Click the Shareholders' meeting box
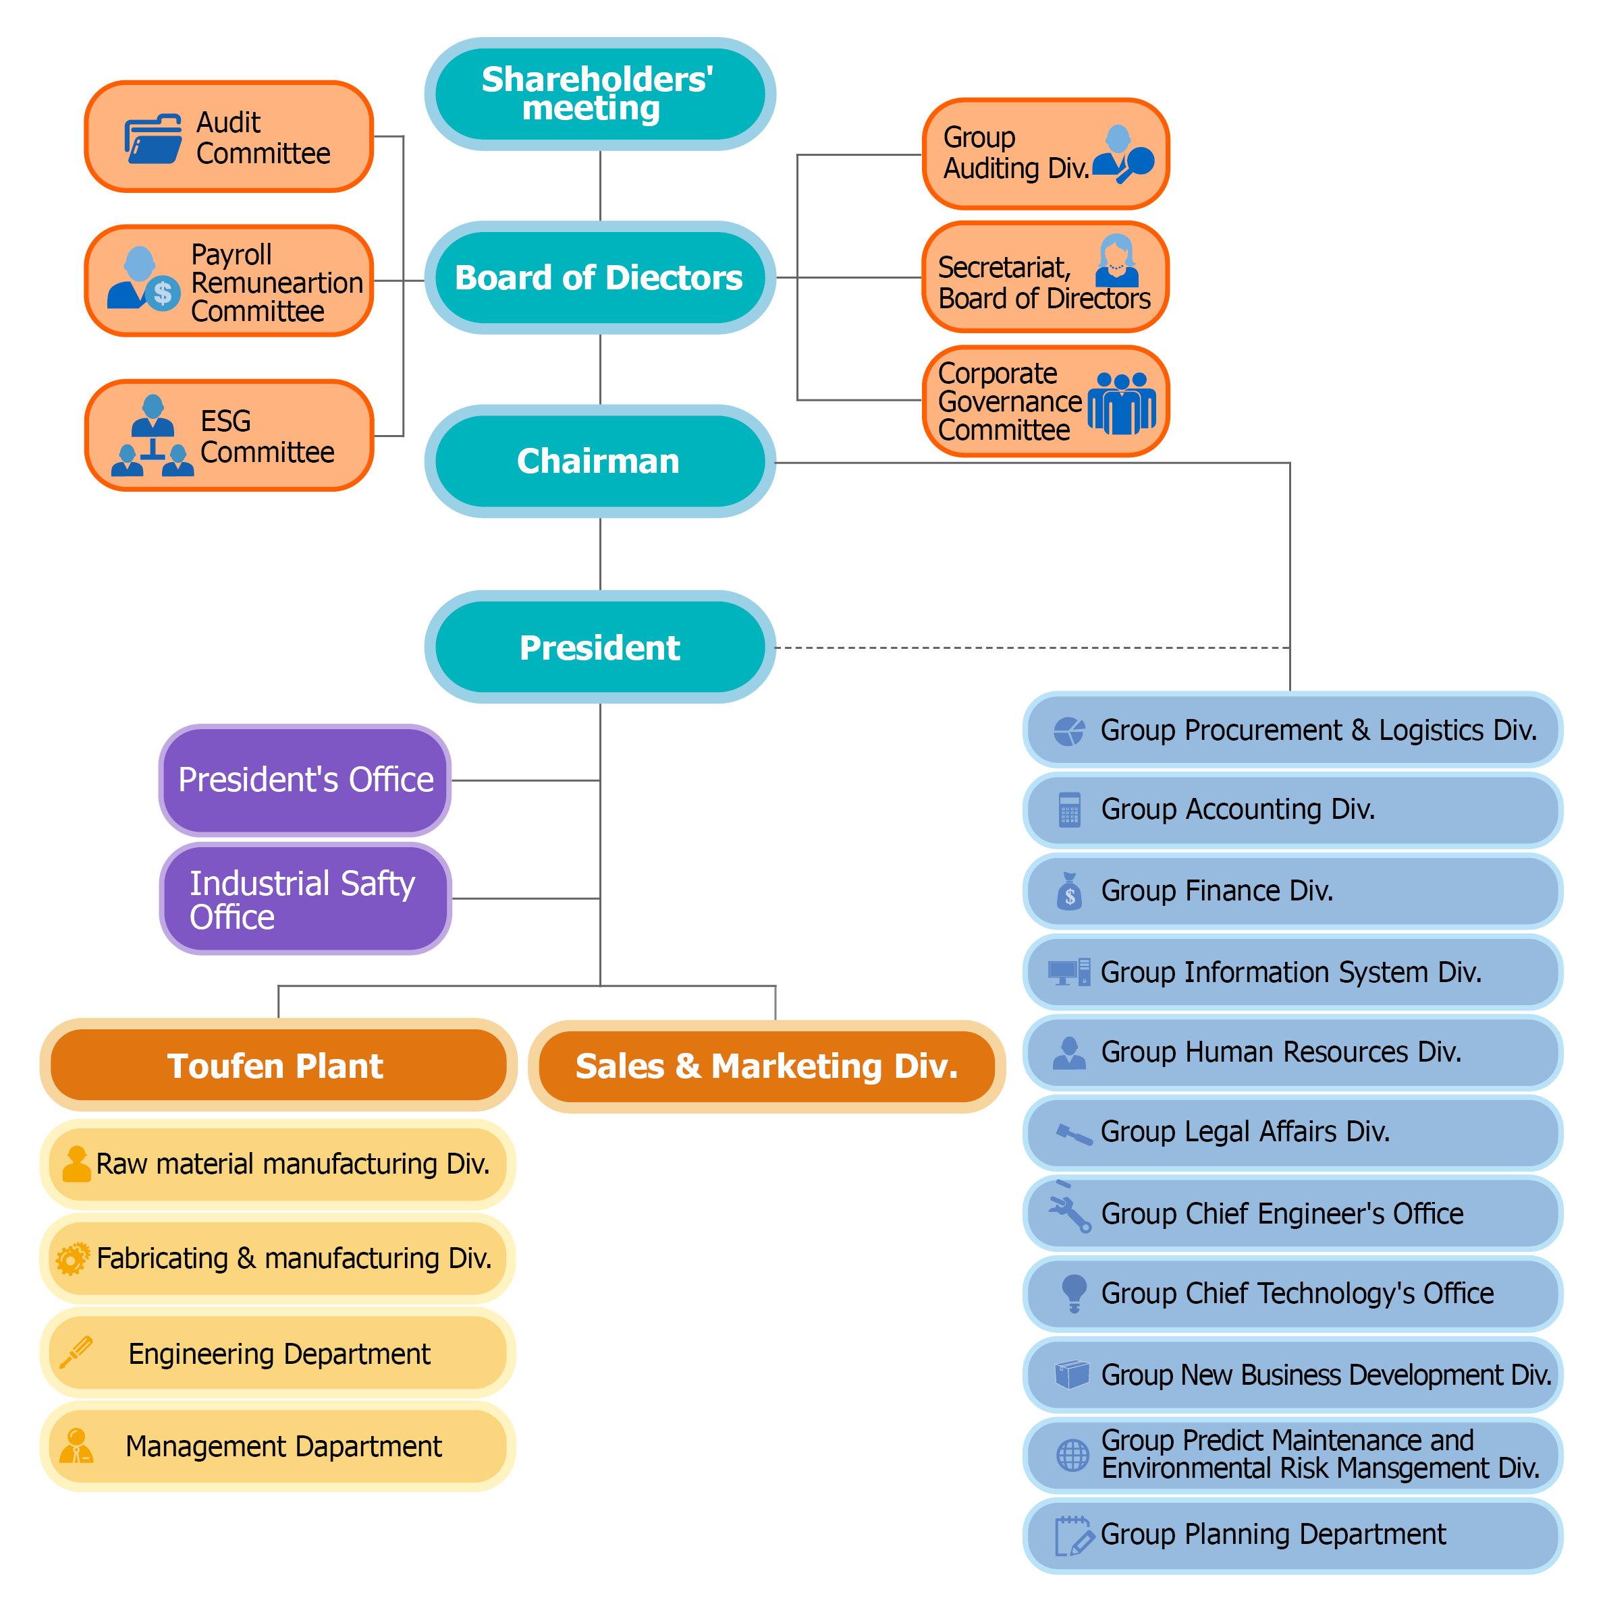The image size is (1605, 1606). coord(599,94)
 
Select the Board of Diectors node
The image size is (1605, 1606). coord(599,278)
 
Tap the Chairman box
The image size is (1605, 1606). coord(599,461)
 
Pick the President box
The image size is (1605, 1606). coord(599,648)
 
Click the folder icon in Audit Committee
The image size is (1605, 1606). coord(153,139)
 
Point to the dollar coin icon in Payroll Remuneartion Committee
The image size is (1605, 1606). coord(163,293)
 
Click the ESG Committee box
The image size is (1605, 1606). coord(229,436)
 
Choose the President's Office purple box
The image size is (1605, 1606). coord(304,780)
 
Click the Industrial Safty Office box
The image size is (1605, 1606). coord(304,898)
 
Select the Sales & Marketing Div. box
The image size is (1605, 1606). coord(766,1066)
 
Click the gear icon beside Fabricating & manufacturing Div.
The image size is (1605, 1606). coord(72,1259)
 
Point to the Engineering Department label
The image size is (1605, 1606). coord(279,1353)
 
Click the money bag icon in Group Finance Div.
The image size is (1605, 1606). coord(1070,891)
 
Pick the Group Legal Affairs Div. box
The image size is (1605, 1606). coord(1291,1133)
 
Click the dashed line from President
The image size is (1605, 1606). coord(1031,648)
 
